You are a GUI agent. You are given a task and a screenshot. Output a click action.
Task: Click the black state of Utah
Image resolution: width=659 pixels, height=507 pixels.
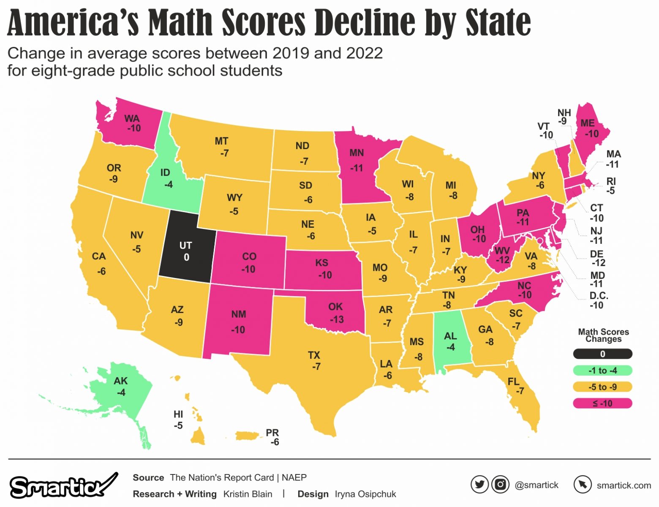point(186,251)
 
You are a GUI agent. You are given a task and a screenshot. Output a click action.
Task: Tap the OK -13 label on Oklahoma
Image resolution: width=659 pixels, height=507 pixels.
point(336,313)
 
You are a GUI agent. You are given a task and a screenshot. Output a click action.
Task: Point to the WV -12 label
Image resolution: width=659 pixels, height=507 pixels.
point(502,255)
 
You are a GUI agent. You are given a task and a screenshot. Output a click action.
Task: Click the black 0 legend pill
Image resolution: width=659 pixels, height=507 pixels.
point(602,354)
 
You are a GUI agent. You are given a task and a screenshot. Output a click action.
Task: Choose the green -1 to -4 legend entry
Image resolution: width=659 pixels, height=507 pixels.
point(602,371)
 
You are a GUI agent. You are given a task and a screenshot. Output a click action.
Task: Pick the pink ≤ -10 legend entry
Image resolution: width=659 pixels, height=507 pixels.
point(602,403)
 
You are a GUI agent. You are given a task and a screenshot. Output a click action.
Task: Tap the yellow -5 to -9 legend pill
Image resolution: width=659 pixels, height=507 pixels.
point(602,387)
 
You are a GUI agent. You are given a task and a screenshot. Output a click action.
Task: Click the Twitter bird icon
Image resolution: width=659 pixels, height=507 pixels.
point(479,484)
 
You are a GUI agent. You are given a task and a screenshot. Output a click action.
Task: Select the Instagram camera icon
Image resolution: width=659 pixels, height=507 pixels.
point(500,484)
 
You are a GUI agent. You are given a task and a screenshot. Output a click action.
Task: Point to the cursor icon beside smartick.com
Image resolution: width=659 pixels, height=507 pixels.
point(583,484)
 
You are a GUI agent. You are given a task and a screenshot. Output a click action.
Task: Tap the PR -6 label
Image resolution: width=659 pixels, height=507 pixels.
point(273,437)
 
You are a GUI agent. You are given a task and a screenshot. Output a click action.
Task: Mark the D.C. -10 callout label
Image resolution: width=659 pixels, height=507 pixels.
point(598,300)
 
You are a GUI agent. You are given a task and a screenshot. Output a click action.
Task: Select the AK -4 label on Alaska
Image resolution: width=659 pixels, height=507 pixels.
point(121,387)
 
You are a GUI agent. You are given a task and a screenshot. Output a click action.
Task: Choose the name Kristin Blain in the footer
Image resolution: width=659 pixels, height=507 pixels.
point(248,494)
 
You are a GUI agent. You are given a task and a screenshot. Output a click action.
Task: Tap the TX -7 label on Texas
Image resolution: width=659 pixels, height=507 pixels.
point(315,360)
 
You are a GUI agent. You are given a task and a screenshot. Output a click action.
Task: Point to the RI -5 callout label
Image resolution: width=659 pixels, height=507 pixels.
point(611,186)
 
